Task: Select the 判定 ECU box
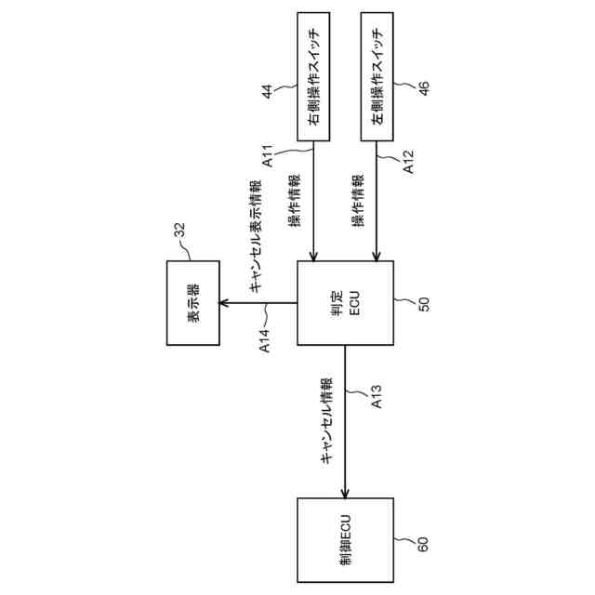click(x=345, y=304)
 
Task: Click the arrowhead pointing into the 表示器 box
click(x=223, y=303)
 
